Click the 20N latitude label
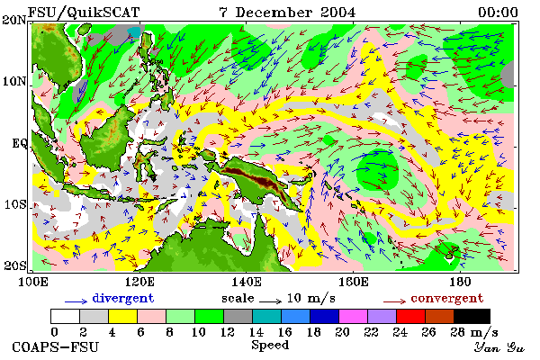tap(14, 20)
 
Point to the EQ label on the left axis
tap(20, 143)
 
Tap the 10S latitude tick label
tap(15, 204)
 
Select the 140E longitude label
tap(247, 282)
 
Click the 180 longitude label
tap(460, 282)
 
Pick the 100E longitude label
tap(33, 282)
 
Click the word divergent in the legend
tap(123, 298)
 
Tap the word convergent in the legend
tap(447, 298)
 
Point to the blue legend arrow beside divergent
tap(76, 301)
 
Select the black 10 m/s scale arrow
tap(271, 301)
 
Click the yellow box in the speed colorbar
tap(122, 316)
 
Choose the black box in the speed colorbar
tap(472, 316)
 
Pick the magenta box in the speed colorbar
tap(354, 316)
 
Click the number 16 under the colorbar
tap(284, 332)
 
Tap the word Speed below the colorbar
tap(270, 346)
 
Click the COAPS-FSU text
tap(56, 346)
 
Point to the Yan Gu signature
tap(499, 347)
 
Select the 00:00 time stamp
tap(498, 13)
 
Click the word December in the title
tap(274, 13)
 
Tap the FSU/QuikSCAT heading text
tap(84, 13)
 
